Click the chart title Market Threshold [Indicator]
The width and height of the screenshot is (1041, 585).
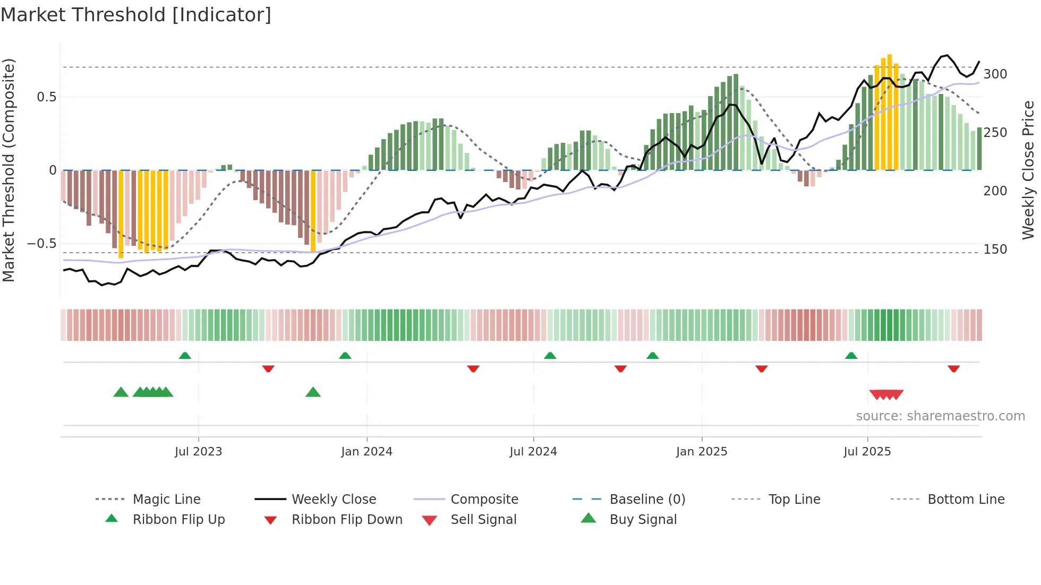(x=136, y=15)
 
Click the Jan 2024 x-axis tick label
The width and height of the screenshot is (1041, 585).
(x=366, y=452)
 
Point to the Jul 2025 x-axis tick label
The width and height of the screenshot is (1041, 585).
(x=867, y=452)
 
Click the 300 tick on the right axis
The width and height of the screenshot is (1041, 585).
(x=995, y=74)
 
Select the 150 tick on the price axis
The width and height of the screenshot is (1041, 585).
(x=995, y=250)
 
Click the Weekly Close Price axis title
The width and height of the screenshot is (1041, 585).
(x=1028, y=170)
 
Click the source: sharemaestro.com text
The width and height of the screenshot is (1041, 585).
(x=940, y=416)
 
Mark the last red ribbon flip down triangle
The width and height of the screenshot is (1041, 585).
(x=953, y=368)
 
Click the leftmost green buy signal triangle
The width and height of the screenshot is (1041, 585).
(x=121, y=392)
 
